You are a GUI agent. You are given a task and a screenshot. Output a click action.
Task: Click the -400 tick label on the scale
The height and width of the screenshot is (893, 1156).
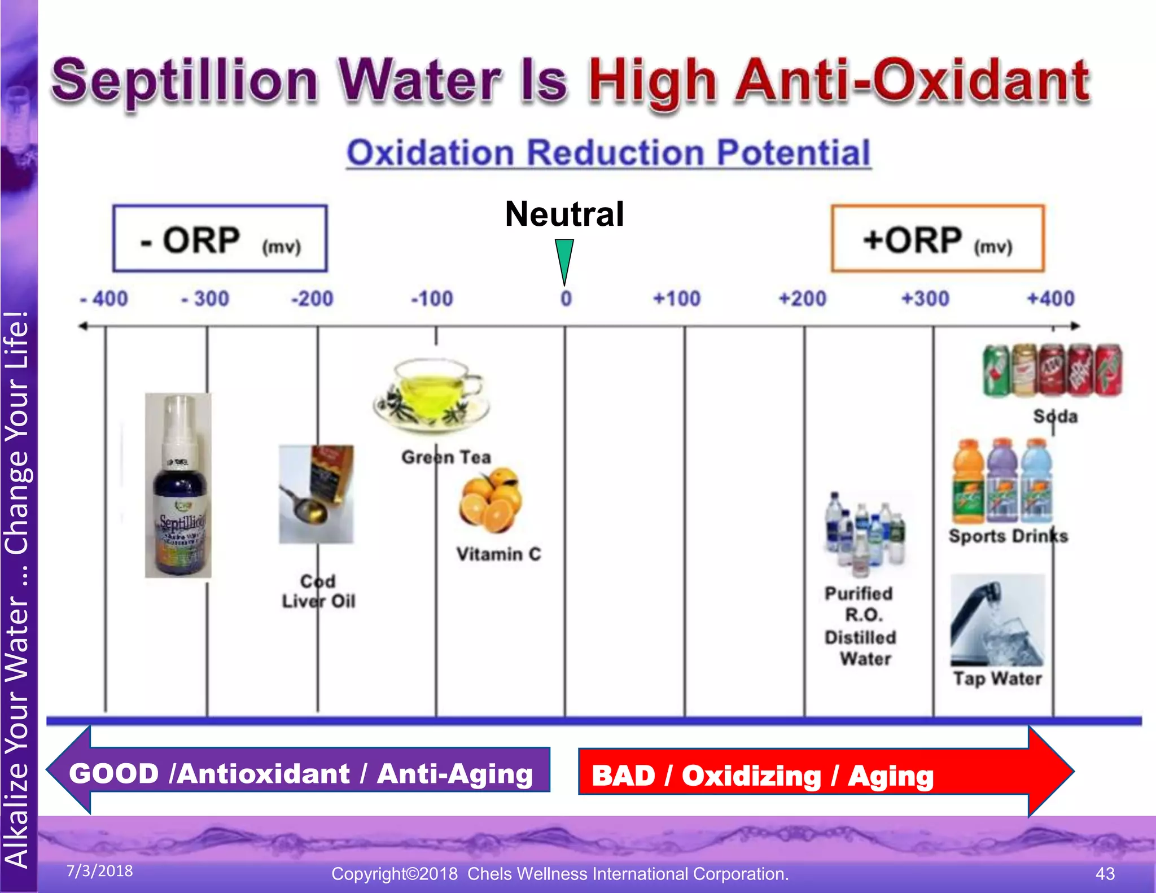click(x=105, y=299)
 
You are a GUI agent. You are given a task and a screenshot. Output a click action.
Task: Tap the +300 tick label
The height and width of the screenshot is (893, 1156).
click(x=926, y=299)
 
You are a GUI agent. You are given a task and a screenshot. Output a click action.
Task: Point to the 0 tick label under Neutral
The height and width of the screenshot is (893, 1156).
click(x=566, y=299)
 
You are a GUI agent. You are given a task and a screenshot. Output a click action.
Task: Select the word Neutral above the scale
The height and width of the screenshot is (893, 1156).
click(x=564, y=215)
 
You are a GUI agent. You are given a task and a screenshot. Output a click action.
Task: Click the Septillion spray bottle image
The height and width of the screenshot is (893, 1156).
click(x=178, y=485)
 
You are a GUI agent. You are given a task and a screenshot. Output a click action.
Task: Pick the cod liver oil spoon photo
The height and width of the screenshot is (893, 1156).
click(x=316, y=494)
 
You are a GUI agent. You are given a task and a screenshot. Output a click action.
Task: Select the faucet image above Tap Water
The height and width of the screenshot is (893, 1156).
click(x=997, y=620)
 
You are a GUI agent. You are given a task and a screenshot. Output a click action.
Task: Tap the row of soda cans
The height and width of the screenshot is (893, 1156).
click(x=1052, y=370)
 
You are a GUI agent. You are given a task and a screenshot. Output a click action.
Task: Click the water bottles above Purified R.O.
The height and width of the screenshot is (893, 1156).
click(x=864, y=533)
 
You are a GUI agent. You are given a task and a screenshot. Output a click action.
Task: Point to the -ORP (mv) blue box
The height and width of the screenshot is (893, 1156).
click(x=220, y=239)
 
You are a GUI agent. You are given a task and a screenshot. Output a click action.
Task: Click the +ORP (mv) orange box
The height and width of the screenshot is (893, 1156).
click(x=938, y=239)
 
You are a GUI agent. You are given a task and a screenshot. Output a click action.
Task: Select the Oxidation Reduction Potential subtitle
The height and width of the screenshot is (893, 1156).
click(x=608, y=153)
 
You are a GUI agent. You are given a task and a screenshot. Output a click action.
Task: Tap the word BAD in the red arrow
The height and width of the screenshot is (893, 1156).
click(x=623, y=776)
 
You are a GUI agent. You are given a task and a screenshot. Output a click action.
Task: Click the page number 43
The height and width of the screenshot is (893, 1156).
click(x=1105, y=873)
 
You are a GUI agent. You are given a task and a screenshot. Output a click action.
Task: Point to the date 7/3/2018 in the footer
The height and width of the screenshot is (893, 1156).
click(x=100, y=871)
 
